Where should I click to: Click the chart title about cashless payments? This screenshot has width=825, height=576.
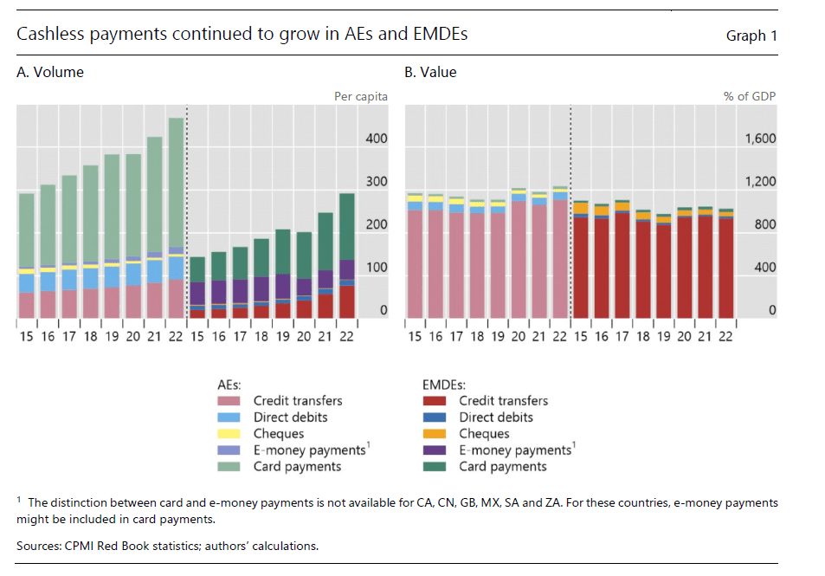click(242, 35)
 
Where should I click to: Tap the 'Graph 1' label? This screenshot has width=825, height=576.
click(745, 36)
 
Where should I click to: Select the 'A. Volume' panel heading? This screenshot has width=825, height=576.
click(50, 73)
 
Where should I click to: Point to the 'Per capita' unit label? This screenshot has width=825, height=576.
click(361, 96)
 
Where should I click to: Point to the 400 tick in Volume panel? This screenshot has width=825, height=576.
click(377, 139)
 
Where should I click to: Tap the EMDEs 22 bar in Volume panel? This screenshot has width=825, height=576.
click(346, 256)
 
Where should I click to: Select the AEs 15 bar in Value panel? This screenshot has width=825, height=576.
click(415, 256)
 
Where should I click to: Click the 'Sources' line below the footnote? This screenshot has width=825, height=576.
click(168, 546)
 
